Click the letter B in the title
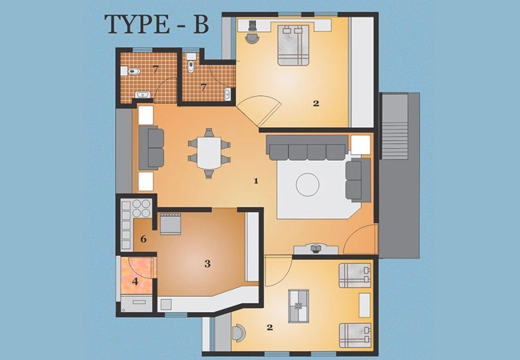point(201,24)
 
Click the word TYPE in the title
point(138,24)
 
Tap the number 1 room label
point(256,181)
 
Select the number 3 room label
point(207,264)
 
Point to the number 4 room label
point(135,282)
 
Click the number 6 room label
point(143,239)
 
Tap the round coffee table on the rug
point(307,185)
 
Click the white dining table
point(209,153)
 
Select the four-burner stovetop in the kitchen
point(142,208)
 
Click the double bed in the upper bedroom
point(294,45)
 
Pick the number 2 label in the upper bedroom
point(316,103)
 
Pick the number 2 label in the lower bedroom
point(270,327)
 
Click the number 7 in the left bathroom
point(155,69)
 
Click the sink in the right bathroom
point(227,94)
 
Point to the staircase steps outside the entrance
point(394,141)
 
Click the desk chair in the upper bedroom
point(253,38)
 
